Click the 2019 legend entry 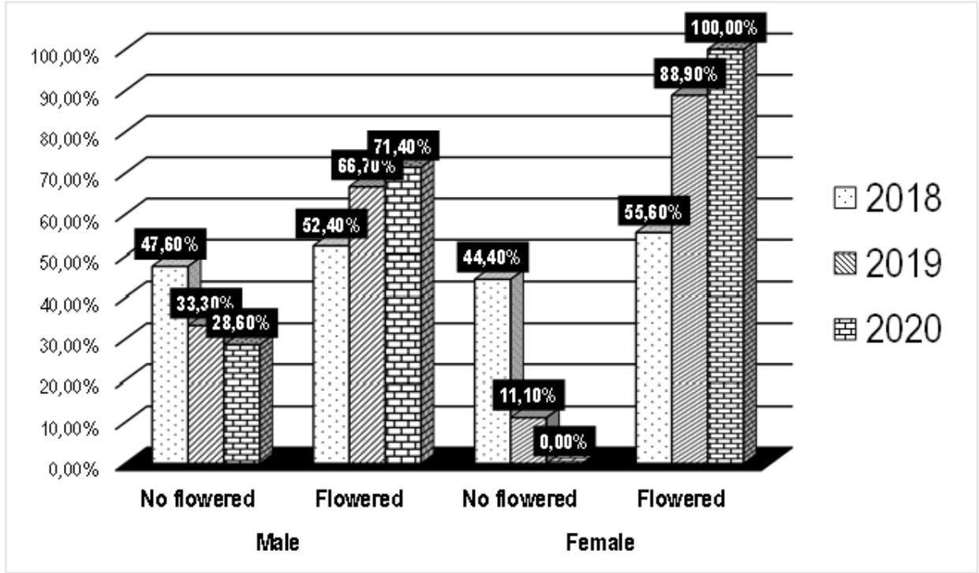point(887,265)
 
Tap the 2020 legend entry point(887,329)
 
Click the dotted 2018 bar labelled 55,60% point(654,347)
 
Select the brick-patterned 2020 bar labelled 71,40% point(403,315)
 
